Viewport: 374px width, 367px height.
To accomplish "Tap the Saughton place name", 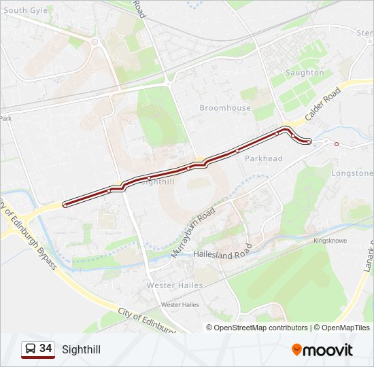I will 305,72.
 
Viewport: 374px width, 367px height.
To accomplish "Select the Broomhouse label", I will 225,107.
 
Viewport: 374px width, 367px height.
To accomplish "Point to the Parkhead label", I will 263,158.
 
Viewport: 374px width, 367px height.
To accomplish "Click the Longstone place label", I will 352,173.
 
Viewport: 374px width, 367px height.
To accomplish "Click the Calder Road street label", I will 322,105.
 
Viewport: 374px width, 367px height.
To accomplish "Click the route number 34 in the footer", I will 46,349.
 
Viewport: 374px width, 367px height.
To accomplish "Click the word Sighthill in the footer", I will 81,349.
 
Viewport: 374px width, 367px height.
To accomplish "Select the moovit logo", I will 322,350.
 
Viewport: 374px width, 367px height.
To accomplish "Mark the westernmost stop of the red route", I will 65,204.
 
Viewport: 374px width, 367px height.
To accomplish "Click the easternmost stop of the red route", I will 309,141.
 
